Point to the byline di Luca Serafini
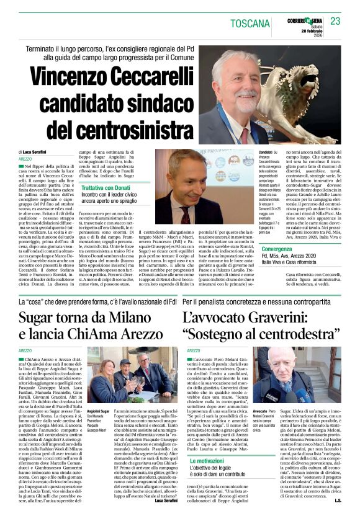pyautogui.click(x=35, y=152)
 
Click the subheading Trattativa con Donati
pyautogui.click(x=109, y=205)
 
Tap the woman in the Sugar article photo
pyautogui.click(x=102, y=375)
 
